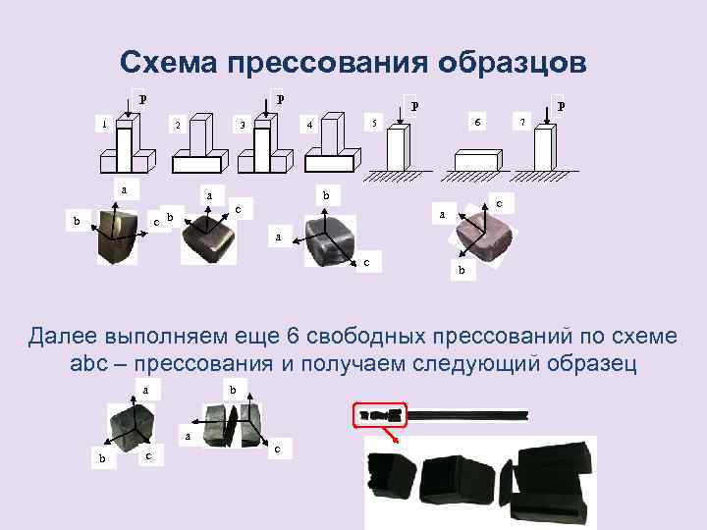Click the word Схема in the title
[169, 62]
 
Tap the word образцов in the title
[513, 63]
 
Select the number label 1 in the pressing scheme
[105, 124]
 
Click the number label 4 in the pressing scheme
[309, 125]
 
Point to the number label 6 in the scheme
[477, 122]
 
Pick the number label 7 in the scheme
[522, 122]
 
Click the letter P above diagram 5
[414, 106]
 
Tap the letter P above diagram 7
[561, 106]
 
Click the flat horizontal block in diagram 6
[478, 160]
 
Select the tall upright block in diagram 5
[399, 147]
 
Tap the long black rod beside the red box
[467, 415]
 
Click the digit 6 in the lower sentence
[293, 337]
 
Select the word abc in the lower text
[88, 363]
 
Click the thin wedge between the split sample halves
[233, 425]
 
